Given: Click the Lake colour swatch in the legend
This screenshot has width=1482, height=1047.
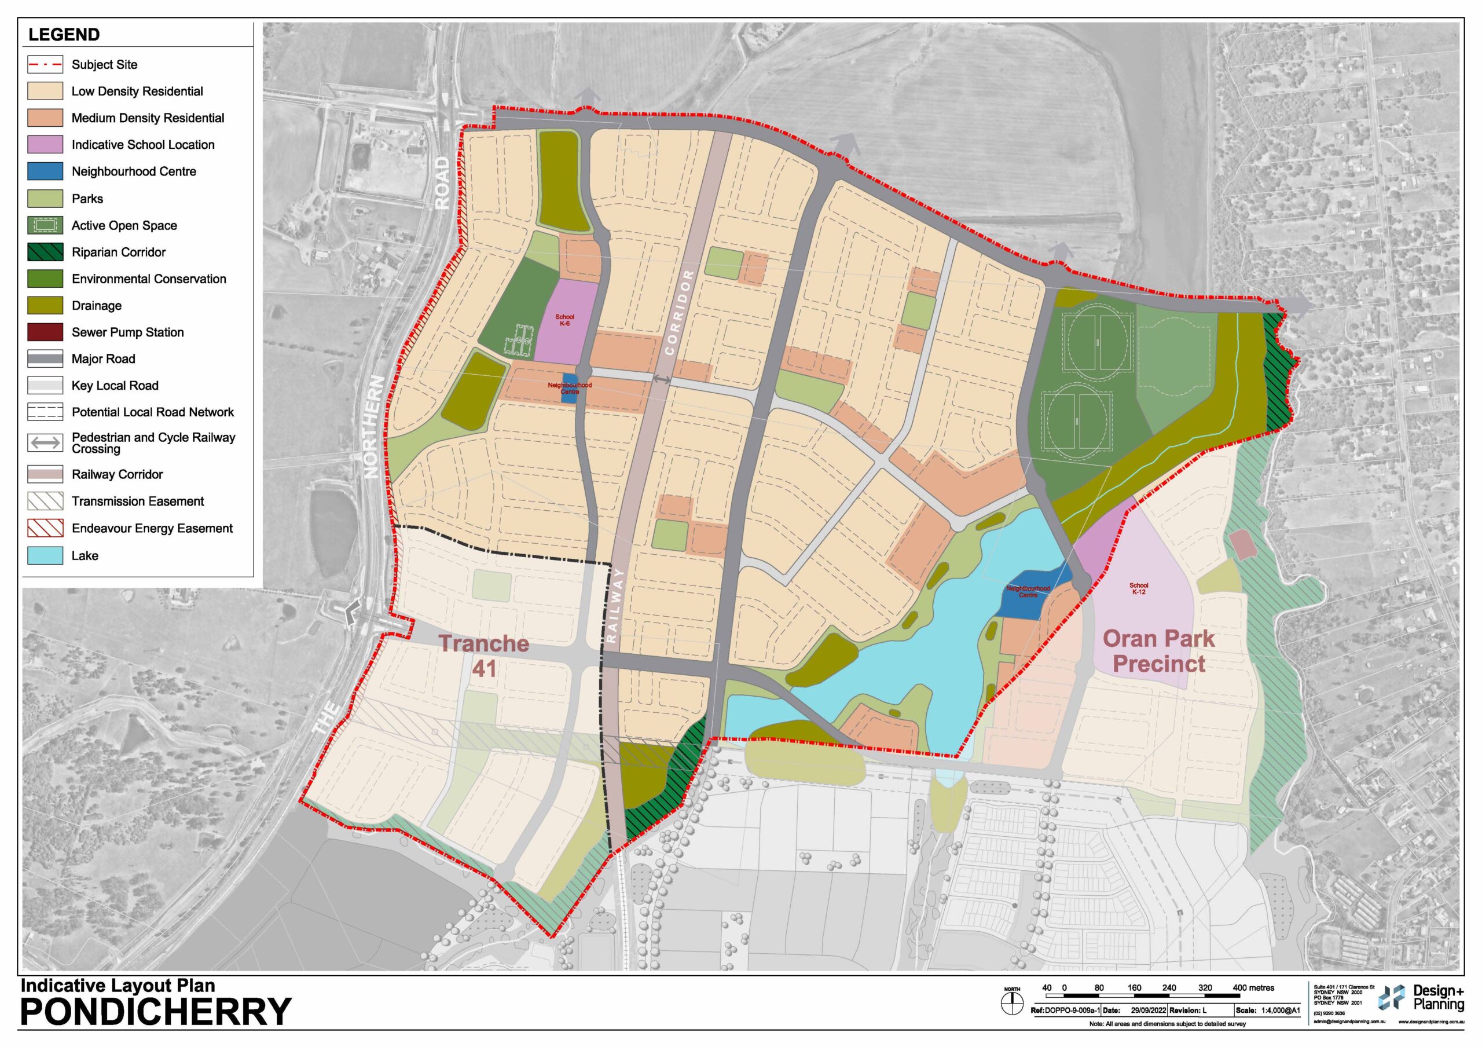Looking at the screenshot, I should tap(45, 555).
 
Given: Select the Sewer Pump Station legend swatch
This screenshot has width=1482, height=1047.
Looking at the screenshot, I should tap(45, 332).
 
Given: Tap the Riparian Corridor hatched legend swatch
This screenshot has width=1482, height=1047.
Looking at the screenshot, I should tap(45, 252).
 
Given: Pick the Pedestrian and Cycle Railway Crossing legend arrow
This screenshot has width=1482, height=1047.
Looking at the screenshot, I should tap(45, 442).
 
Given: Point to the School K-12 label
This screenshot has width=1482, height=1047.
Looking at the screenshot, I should tap(1138, 588).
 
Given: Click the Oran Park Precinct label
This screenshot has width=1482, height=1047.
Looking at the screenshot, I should tap(1158, 651).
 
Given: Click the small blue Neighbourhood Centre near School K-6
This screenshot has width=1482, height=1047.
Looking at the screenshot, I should tap(569, 389).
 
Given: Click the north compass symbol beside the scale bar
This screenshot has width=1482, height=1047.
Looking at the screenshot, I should tap(1013, 1003).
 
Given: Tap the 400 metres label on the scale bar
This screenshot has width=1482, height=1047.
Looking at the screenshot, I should tap(1253, 987).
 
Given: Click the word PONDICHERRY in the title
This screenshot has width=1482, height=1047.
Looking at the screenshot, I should tap(156, 1012).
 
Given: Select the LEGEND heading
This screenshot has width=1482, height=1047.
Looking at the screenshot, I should tap(64, 35).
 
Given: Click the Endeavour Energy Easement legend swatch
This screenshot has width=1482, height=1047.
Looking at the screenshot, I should tap(45, 528).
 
